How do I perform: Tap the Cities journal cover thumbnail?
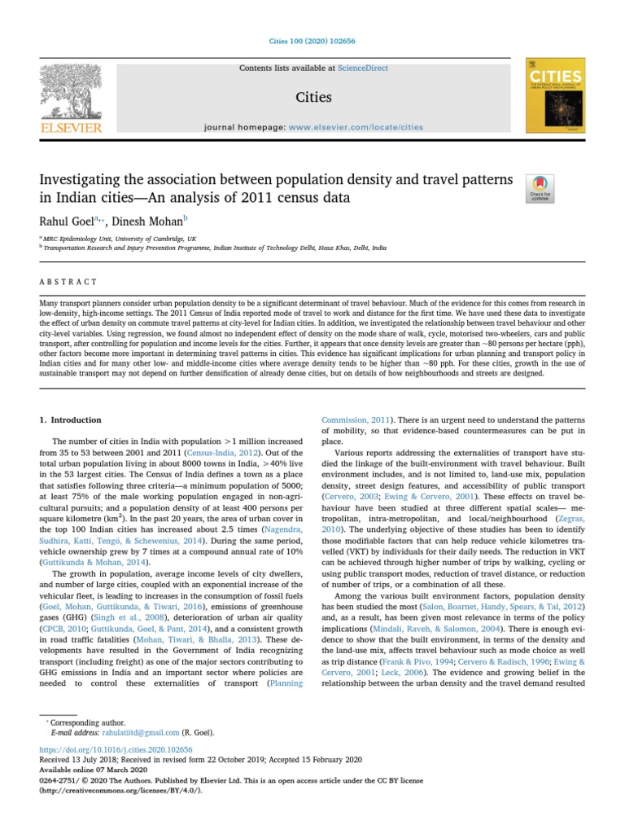[x=555, y=95]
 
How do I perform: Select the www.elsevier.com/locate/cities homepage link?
[x=356, y=127]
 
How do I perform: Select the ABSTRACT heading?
[x=68, y=282]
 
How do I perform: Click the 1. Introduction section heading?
[x=71, y=420]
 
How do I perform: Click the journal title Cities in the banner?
[x=312, y=98]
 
